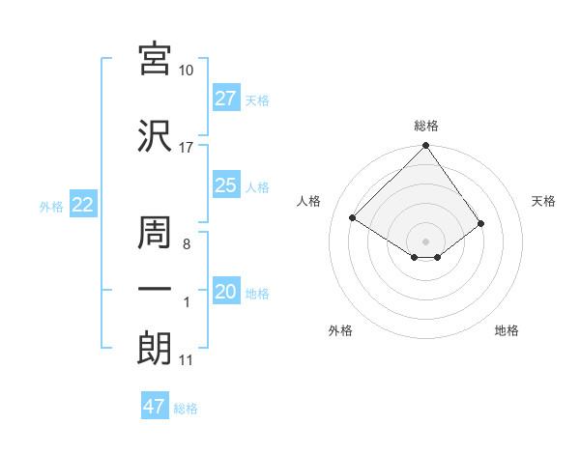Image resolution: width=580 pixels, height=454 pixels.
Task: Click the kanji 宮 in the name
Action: (155, 60)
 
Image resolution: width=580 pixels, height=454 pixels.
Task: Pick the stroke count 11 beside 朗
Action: (186, 360)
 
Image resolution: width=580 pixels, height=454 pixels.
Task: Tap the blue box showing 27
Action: (226, 99)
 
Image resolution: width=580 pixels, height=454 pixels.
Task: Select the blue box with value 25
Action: (226, 185)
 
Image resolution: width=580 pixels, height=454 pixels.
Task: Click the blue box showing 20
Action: (226, 292)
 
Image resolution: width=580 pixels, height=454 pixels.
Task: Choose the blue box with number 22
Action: (82, 205)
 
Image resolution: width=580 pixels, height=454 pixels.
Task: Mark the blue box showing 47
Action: (155, 407)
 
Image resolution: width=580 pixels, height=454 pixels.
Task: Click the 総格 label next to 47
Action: (186, 409)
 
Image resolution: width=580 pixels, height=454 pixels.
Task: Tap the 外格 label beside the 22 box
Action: (51, 206)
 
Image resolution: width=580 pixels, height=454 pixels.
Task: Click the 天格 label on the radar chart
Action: (543, 201)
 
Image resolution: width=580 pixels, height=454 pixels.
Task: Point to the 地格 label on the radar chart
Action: (507, 331)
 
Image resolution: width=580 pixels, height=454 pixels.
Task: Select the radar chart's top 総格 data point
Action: (425, 147)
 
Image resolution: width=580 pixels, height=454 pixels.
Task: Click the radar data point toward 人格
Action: (353, 218)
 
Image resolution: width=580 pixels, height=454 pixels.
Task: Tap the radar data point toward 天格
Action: (480, 223)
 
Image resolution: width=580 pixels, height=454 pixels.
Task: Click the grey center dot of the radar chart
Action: (425, 241)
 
